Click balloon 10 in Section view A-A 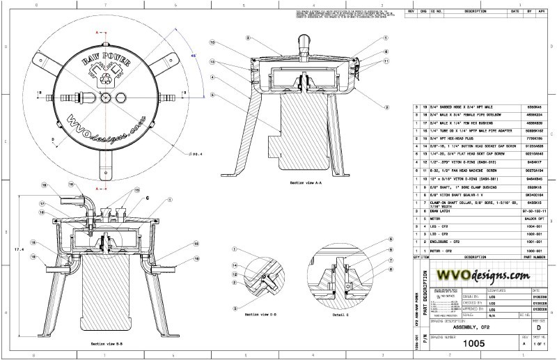pos(212,41)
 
